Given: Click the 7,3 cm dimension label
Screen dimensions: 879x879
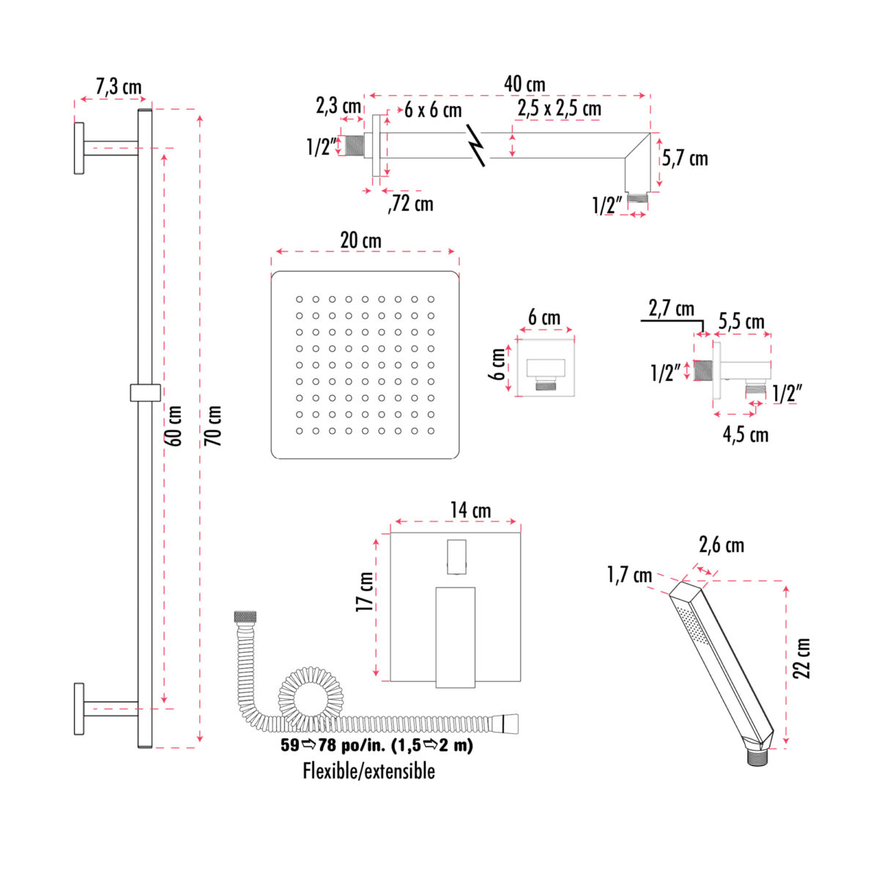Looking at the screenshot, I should tap(119, 87).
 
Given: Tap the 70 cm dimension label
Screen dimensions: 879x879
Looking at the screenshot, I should tap(212, 426).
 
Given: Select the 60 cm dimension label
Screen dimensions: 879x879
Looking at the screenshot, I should tap(176, 426).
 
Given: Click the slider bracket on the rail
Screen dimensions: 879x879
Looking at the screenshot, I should tap(144, 392).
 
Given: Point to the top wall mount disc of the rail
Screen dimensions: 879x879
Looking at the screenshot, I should tap(79, 148).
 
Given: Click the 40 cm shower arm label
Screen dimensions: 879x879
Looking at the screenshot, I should tap(524, 84).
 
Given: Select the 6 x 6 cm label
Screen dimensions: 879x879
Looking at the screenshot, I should tap(433, 110).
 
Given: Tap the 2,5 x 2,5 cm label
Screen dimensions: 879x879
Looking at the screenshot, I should tap(559, 108).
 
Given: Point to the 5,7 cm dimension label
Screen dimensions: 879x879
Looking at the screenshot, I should tap(685, 158).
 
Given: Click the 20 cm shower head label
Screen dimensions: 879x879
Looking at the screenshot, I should tap(360, 240).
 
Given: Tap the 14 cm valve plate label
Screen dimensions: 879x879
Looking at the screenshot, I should tap(470, 510).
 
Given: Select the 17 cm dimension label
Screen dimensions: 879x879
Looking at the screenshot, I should tap(365, 592).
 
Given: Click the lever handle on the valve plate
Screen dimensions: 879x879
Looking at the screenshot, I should tap(455, 637).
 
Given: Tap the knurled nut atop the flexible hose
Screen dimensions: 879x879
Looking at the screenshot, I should tap(245, 617).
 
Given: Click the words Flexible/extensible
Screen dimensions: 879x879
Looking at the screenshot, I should tap(368, 771).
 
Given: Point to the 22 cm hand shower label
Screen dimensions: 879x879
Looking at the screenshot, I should tap(804, 658).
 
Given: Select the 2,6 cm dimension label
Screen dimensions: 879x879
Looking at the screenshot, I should tap(721, 545).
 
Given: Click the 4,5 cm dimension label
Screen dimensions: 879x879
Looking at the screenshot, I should tap(745, 434).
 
